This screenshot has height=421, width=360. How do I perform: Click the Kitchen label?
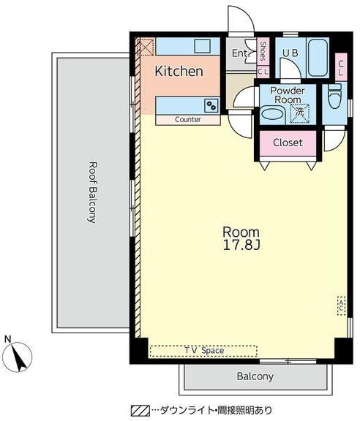(x=179, y=71)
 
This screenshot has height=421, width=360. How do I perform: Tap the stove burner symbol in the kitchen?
(x=211, y=105)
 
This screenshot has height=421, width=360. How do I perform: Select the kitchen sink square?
(x=203, y=46)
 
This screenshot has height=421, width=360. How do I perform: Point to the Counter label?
(x=187, y=119)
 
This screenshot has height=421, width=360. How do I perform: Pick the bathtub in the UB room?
(x=318, y=58)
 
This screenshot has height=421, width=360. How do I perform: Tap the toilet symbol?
(x=335, y=96)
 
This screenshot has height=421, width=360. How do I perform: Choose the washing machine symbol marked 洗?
(x=299, y=113)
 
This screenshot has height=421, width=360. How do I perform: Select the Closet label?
(x=288, y=143)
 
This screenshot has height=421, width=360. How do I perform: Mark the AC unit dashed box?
(x=341, y=306)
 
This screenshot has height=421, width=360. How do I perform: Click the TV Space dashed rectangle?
(x=203, y=351)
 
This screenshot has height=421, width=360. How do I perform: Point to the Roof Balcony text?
(x=92, y=192)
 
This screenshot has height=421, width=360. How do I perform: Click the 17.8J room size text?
(x=241, y=245)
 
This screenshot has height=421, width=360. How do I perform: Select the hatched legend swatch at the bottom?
(x=140, y=410)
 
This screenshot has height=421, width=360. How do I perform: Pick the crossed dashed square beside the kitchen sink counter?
(x=146, y=48)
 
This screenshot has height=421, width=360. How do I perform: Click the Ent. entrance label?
(x=241, y=53)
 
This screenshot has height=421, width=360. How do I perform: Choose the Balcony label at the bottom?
(x=255, y=376)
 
